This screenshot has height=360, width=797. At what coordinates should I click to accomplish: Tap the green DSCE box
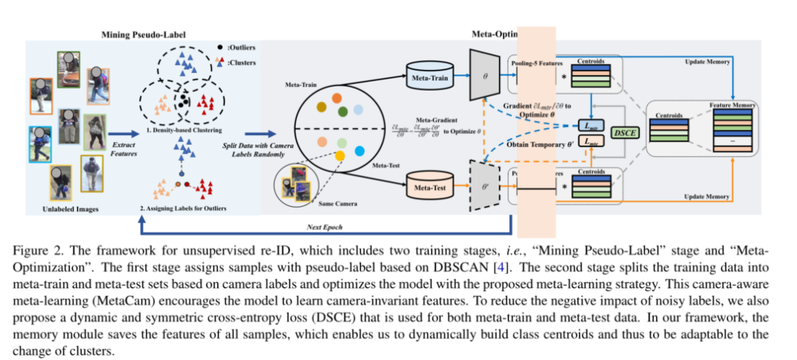pos(627,131)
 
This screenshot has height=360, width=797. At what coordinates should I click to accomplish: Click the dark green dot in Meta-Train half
pos(343,111)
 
